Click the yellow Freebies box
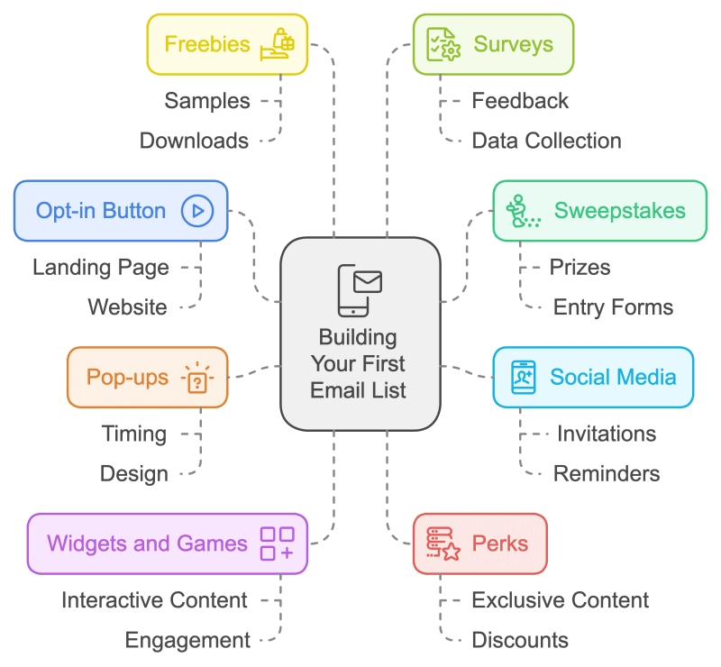[x=227, y=43]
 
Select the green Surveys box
[x=493, y=43]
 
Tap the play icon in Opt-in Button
[x=196, y=211]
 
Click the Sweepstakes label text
[x=619, y=211]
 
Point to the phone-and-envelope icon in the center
[x=360, y=290]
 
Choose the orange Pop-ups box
[x=147, y=377]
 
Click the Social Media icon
[x=524, y=377]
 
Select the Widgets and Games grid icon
[x=277, y=544]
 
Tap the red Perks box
[x=479, y=544]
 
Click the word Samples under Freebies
[x=207, y=100]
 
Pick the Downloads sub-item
[x=194, y=141]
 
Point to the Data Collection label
[x=546, y=141]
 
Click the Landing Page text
[x=101, y=267]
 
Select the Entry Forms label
[x=613, y=307]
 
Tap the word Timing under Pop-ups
[x=133, y=434]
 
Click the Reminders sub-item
[x=606, y=473]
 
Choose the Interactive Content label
[x=154, y=600]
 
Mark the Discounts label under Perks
[x=520, y=640]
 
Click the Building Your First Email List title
[x=359, y=363]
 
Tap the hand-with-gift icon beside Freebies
[x=278, y=43]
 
